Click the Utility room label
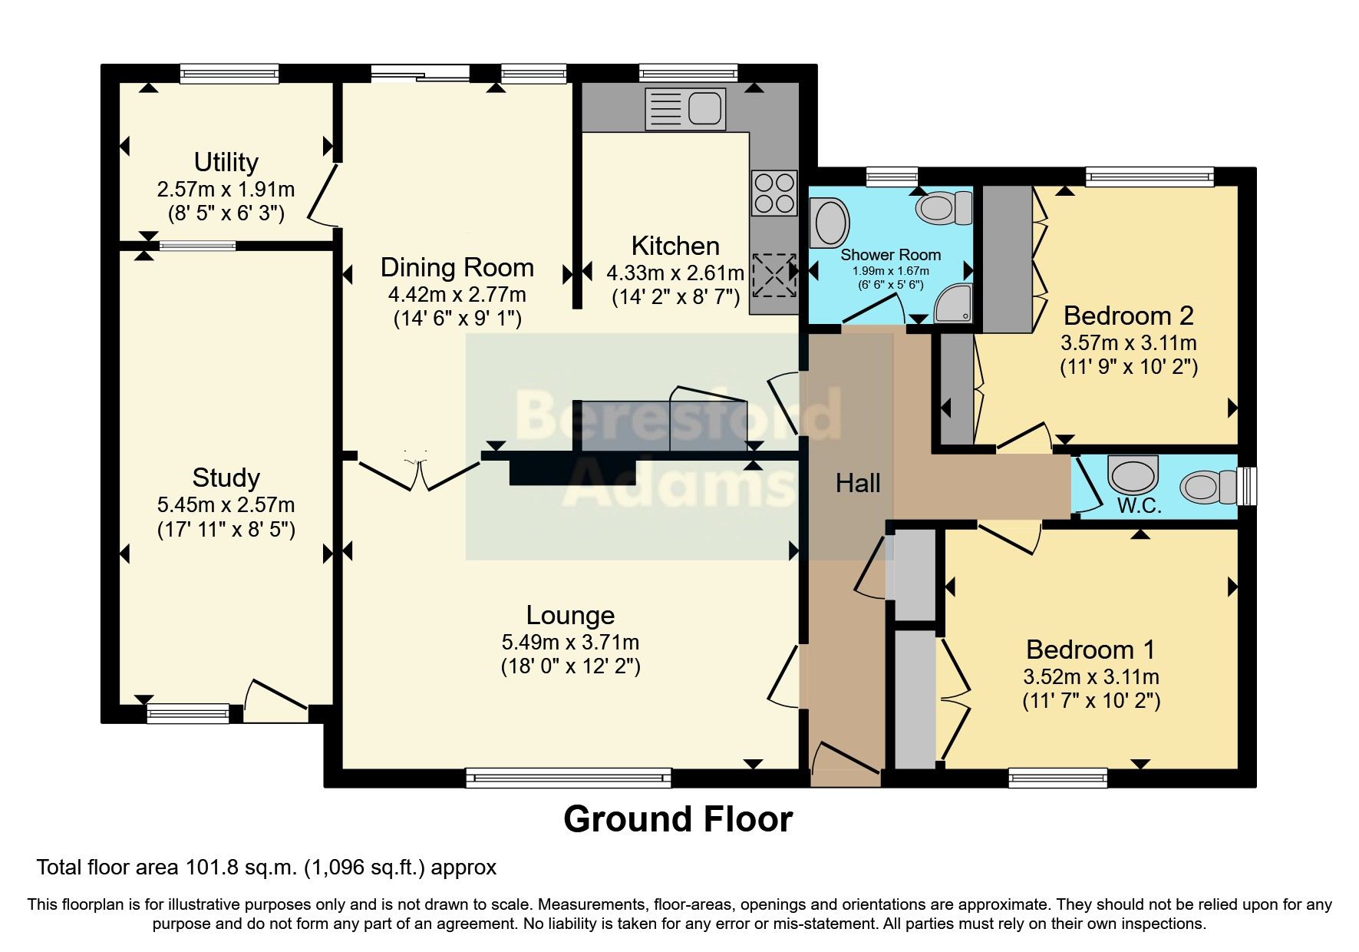pos(226,162)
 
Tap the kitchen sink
pos(685,108)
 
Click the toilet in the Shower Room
pos(945,207)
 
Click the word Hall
pos(858,483)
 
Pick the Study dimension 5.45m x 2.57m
pos(226,505)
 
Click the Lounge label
pos(570,615)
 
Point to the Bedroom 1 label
pos(1090,650)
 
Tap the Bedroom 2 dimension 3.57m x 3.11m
pos(1128,342)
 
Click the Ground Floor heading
pos(678,819)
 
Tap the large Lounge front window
pos(569,778)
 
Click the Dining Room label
pos(457,267)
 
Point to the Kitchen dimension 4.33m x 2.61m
pos(675,273)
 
